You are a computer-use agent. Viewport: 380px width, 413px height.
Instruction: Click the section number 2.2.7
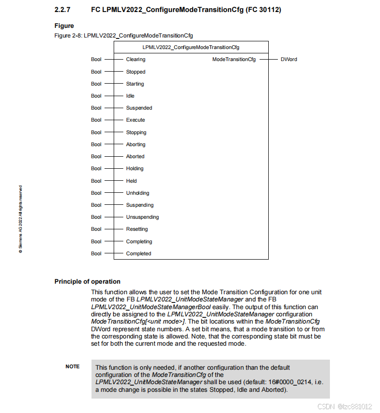tap(63, 10)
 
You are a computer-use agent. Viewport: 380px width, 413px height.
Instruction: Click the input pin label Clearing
tap(135, 60)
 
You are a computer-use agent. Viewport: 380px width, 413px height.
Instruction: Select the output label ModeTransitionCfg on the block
tap(234, 60)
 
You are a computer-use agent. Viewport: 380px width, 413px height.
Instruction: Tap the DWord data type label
tap(288, 60)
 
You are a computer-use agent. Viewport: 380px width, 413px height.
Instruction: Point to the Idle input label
tap(130, 96)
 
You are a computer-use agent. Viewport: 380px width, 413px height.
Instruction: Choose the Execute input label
tap(135, 120)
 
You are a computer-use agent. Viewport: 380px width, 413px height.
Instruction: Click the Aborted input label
tap(135, 156)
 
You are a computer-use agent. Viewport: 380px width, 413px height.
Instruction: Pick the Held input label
tap(131, 181)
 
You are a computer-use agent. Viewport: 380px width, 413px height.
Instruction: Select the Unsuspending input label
tap(142, 217)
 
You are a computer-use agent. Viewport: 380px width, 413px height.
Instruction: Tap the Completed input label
tap(138, 253)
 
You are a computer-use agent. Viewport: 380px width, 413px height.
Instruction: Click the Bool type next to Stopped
tap(96, 72)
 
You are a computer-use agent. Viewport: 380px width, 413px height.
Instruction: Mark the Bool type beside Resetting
tap(96, 229)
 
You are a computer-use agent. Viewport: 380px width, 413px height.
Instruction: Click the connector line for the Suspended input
tap(114, 108)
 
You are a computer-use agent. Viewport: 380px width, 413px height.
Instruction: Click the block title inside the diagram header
tap(191, 47)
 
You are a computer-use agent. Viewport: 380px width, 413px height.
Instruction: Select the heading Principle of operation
tap(87, 282)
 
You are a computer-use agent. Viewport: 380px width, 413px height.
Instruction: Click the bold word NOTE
tap(72, 367)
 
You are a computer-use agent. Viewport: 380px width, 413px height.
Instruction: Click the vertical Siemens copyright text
tap(21, 218)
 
